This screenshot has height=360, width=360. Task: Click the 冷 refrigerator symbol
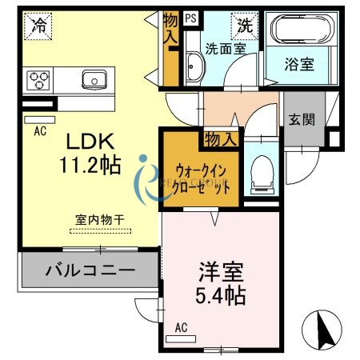[x=37, y=26]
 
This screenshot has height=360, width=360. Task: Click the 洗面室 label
[x=225, y=48]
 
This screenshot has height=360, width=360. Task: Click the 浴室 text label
[x=302, y=65]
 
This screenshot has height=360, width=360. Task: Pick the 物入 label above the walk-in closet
[x=221, y=139]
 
